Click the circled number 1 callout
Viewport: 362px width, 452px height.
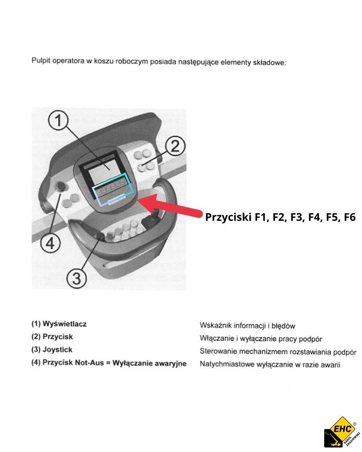58,122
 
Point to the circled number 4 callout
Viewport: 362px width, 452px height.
49,243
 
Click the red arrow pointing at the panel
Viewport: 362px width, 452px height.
170,207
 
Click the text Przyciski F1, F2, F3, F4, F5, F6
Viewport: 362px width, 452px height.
280,218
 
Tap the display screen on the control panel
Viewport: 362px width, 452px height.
107,172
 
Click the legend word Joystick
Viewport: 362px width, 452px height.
58,350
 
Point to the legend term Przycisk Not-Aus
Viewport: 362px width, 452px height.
73,363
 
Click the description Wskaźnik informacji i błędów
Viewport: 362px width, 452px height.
247,326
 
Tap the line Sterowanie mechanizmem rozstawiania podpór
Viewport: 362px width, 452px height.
278,352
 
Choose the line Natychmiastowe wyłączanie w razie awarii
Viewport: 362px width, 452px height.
270,364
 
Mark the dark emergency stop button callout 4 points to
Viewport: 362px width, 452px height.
61,187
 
